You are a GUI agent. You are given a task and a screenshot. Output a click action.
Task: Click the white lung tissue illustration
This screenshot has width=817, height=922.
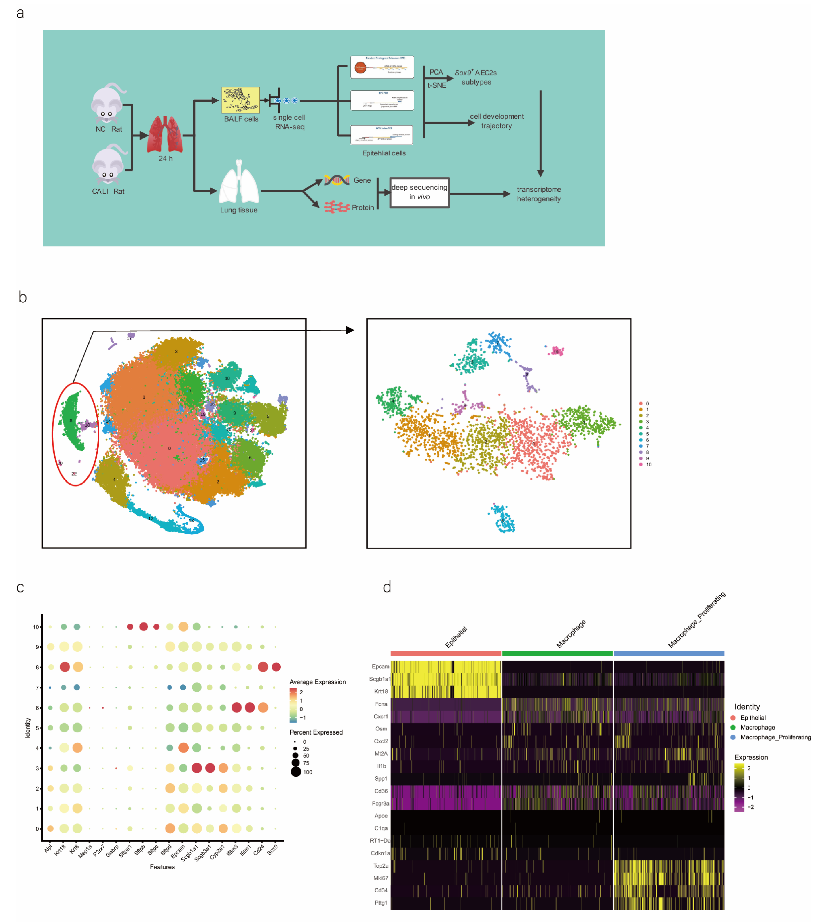click(239, 183)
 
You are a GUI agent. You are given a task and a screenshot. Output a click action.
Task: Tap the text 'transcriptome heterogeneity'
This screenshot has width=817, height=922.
click(539, 194)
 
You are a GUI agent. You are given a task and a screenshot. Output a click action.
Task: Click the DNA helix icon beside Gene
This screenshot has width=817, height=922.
click(336, 180)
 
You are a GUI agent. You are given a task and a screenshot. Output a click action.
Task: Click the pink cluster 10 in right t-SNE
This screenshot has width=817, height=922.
click(557, 351)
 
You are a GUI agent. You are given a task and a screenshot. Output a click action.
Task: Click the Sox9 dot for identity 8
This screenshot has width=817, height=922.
click(276, 667)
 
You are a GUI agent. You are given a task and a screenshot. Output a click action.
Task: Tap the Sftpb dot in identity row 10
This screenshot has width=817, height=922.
click(143, 627)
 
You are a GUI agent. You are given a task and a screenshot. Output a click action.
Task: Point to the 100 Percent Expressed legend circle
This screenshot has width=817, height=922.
click(295, 772)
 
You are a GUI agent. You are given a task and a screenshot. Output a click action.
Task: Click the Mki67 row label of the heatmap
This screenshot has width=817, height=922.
click(380, 878)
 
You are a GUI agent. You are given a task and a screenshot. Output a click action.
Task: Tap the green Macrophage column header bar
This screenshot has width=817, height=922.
click(557, 653)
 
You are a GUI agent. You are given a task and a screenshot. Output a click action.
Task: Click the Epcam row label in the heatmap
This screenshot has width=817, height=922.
click(380, 666)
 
